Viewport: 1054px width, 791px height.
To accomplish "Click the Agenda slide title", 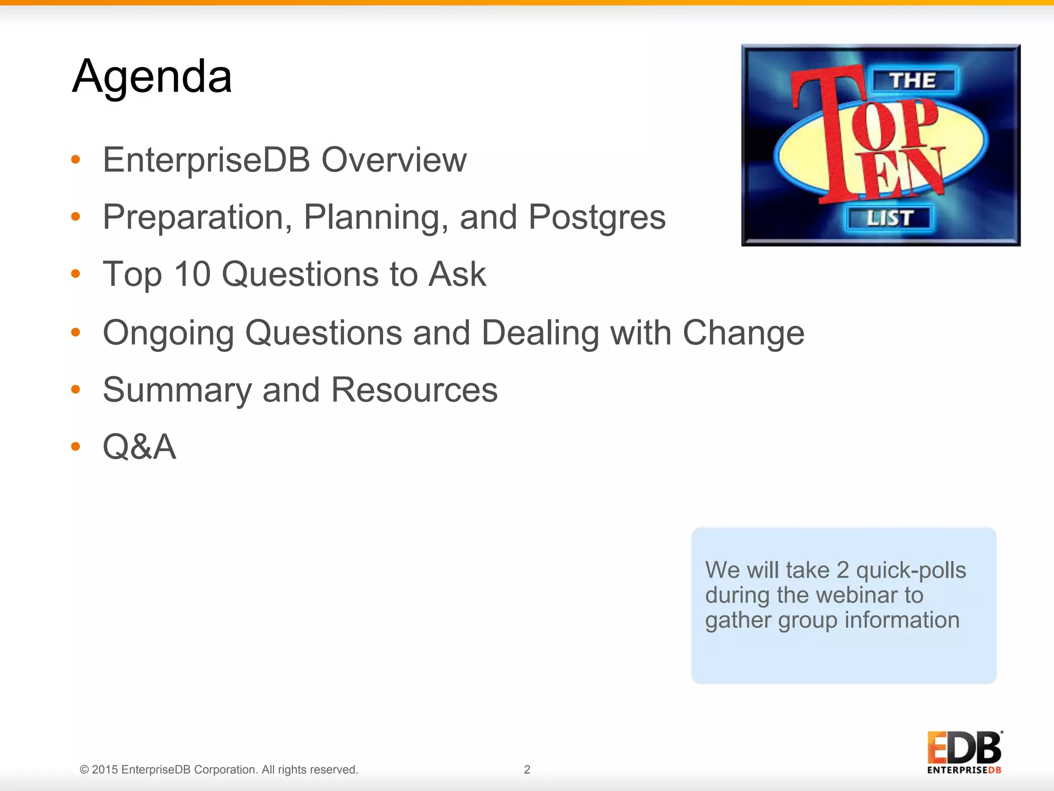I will click(x=152, y=77).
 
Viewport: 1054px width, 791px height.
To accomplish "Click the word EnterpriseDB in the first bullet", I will click(x=206, y=160).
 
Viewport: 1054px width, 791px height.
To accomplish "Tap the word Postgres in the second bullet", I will click(x=597, y=217).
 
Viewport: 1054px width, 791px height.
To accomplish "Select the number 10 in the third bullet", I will click(x=192, y=274).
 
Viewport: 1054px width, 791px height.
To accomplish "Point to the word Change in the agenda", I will click(x=743, y=333).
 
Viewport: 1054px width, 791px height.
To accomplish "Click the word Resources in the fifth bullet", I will click(x=414, y=390).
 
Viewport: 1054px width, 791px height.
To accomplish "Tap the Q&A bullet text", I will click(x=139, y=446).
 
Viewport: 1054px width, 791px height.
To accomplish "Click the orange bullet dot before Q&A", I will click(x=76, y=446).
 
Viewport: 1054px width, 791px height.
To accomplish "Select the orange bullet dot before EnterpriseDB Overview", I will click(x=76, y=160).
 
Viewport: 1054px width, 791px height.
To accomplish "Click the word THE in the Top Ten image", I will click(x=914, y=80).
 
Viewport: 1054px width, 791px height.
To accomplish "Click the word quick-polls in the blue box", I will click(x=911, y=570).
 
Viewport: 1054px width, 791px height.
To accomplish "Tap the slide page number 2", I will click(x=527, y=769).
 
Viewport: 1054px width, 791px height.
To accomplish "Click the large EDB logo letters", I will click(x=964, y=748).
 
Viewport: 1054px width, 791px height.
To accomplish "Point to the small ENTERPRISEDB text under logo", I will click(x=964, y=770).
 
